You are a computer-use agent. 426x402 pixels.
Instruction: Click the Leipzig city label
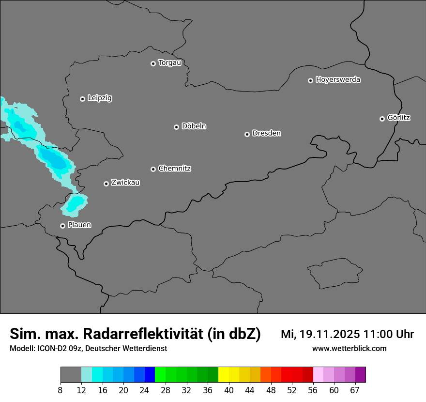100,98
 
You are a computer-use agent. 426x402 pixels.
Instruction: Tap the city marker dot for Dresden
247,134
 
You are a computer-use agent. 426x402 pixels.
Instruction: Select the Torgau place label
169,62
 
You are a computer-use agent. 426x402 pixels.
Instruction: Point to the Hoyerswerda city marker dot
310,80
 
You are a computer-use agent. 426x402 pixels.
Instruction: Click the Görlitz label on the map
399,118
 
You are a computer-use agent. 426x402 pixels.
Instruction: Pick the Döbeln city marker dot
176,127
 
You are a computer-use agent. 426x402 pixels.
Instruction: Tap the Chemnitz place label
175,169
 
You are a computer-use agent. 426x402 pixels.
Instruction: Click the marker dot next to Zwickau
106,184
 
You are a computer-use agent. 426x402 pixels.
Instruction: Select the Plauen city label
79,225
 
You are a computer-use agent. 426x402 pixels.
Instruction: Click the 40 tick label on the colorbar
229,390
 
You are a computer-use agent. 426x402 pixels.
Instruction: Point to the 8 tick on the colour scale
61,390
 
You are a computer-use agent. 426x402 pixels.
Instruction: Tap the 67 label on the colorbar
355,390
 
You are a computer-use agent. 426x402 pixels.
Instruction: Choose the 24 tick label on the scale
145,390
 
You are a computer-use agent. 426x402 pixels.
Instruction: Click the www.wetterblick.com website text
349,348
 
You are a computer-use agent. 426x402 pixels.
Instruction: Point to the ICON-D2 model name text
50,348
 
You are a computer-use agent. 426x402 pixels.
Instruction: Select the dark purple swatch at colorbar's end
360,375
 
